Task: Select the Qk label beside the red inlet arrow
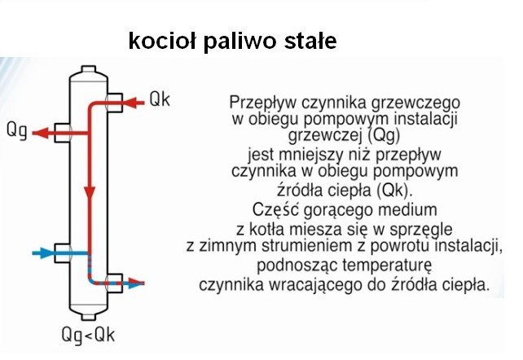[160, 99]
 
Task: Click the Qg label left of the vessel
[17, 130]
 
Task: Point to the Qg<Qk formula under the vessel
[89, 335]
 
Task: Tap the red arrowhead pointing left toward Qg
[41, 133]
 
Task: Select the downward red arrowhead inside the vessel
[90, 194]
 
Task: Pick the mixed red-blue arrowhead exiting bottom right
[136, 283]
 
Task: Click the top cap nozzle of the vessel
[89, 69]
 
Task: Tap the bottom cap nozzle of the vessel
[89, 317]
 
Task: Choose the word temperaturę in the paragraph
[387, 266]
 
